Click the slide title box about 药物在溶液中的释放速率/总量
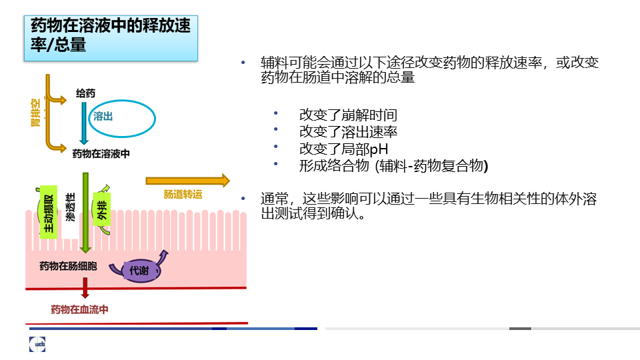coord(111,39)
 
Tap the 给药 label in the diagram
coord(86,93)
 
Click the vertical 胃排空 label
coord(36,112)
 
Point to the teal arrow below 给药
coord(84,123)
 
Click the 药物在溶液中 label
coord(101,153)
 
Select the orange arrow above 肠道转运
coord(188,181)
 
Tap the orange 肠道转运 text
coord(183,194)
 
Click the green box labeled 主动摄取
coord(49,212)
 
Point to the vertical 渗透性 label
coord(71,207)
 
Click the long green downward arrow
coord(85,213)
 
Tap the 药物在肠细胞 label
coord(68,266)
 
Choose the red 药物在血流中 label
coord(79,309)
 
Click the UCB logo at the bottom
coord(37,344)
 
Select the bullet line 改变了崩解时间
coord(348,115)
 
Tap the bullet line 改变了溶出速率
coord(348,132)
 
